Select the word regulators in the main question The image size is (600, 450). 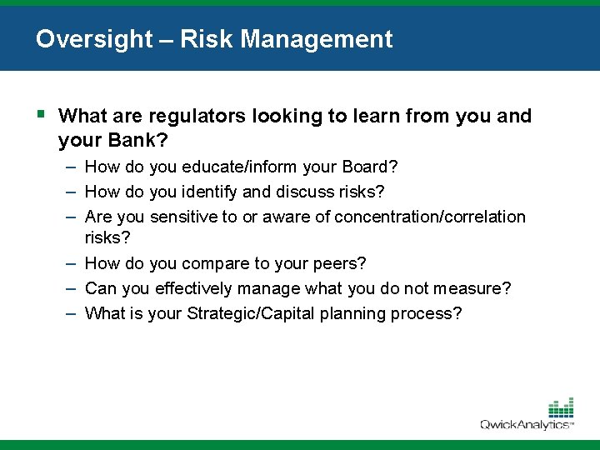click(184, 116)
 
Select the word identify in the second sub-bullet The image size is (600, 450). click(212, 192)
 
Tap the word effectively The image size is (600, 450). click(192, 288)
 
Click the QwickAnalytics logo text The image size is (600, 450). click(525, 424)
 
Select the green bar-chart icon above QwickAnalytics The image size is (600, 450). click(561, 407)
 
